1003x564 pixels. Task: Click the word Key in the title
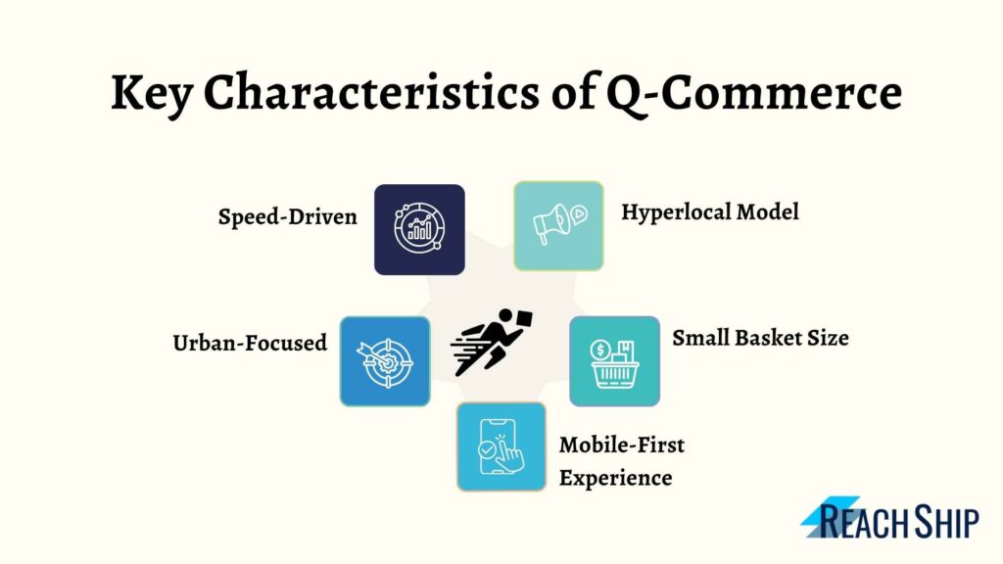point(152,94)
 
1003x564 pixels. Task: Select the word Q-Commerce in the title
point(754,93)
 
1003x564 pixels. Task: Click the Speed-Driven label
point(287,216)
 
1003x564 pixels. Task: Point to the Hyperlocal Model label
point(710,212)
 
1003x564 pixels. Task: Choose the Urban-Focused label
point(250,343)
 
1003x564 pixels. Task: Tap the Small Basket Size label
point(760,338)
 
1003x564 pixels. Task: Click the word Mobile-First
point(622,445)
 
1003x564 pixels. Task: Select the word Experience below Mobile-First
point(615,478)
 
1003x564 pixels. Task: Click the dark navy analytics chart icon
point(419,229)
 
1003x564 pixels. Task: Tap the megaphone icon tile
point(558,226)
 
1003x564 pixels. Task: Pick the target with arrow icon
point(385,361)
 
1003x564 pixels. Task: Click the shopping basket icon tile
point(615,361)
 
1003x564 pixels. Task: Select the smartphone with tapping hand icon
point(501,446)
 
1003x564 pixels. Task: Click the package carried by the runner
point(524,318)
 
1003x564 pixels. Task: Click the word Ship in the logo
point(947,522)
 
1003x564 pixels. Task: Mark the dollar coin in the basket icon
point(600,350)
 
